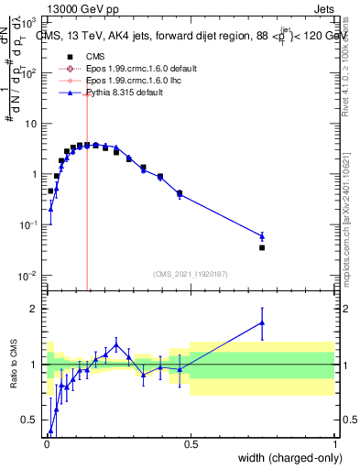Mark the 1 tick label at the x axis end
point(334,443)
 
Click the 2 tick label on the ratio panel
point(35,309)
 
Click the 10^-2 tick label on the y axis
point(27,276)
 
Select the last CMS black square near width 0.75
point(262,247)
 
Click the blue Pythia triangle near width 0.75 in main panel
point(262,236)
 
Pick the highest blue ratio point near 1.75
point(262,322)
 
